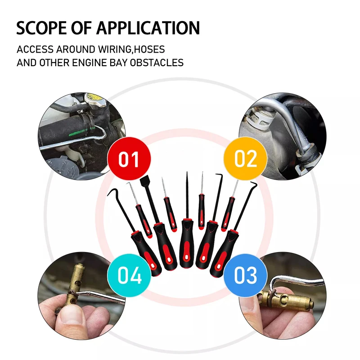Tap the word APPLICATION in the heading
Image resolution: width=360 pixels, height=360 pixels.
click(148, 27)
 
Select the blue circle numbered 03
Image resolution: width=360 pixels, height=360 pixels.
click(246, 275)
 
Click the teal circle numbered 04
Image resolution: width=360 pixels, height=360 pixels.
click(130, 275)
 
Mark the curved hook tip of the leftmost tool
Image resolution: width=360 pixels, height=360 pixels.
click(112, 193)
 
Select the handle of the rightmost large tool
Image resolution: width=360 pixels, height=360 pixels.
click(225, 250)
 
